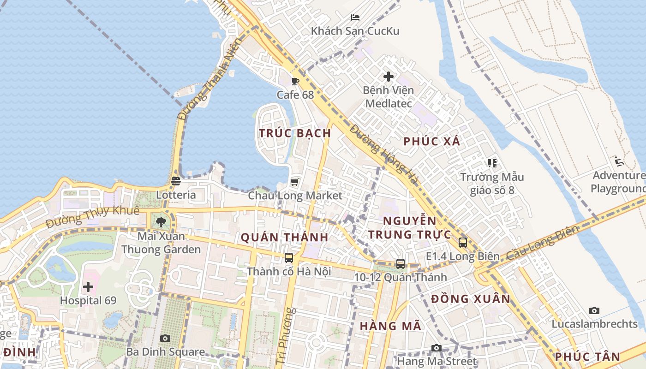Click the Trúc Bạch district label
(x=295, y=133)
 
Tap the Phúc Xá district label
(x=432, y=142)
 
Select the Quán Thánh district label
(x=284, y=238)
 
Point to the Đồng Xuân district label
(x=471, y=299)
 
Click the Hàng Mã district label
(x=390, y=326)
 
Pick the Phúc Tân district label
(x=587, y=357)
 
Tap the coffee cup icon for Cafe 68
(x=295, y=82)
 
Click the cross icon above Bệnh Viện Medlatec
(x=389, y=76)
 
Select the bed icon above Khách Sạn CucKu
(x=355, y=18)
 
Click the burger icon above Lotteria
(x=175, y=181)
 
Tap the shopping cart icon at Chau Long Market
(x=295, y=182)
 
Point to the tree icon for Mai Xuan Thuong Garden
(x=161, y=223)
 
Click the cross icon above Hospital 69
(x=88, y=287)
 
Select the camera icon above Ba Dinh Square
(x=165, y=338)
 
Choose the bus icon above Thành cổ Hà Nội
(x=289, y=258)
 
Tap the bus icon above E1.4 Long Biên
(x=463, y=242)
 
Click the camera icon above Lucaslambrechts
(x=594, y=310)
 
